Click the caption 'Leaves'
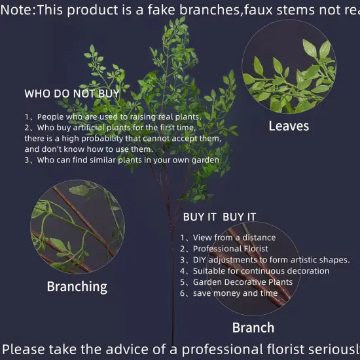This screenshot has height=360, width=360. (289, 126)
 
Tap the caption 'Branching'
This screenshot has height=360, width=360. (77, 286)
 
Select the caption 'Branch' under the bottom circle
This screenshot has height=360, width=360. (253, 327)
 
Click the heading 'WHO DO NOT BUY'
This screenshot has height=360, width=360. (71, 94)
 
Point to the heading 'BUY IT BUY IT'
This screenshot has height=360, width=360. (219, 217)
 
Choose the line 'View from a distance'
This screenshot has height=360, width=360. (228, 238)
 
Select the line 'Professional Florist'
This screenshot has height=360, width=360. (224, 249)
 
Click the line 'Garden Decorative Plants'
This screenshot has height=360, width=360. (236, 282)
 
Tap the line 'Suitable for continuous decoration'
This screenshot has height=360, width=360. (255, 271)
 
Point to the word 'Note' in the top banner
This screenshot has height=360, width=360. (16, 9)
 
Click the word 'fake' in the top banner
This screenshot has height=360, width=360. (190, 9)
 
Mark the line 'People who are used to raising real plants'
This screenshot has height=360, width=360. (112, 117)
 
